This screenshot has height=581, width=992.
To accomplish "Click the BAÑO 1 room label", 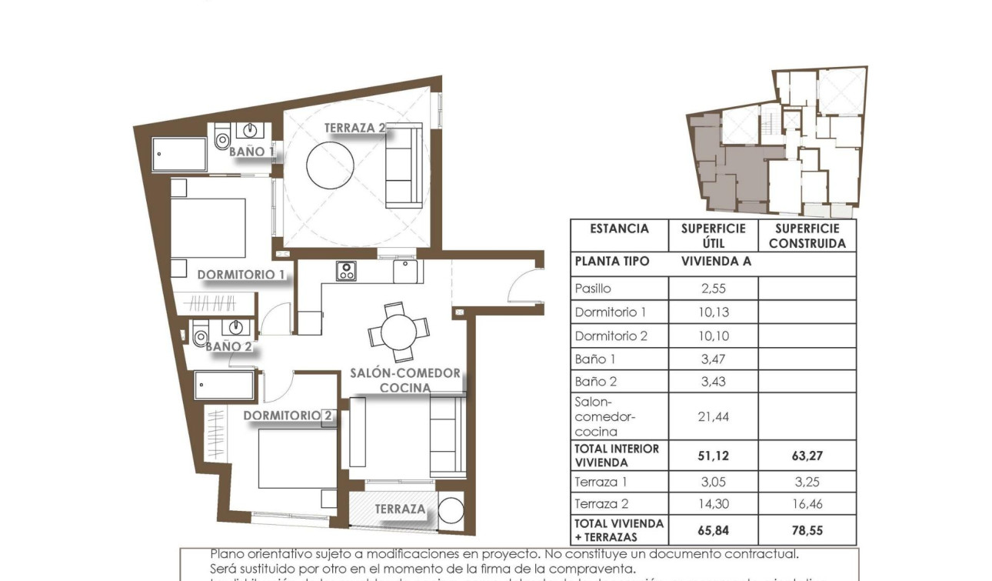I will point(251,152).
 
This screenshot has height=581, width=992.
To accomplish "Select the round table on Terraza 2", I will point(330,164).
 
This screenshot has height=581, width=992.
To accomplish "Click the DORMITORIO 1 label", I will point(241,274).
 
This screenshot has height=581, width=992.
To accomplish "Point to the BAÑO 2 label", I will point(228,346).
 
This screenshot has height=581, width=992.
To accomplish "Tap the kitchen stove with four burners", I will point(346,270).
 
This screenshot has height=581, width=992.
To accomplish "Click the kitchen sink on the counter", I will point(405,271).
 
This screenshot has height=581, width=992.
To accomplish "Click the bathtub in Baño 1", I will point(179,154).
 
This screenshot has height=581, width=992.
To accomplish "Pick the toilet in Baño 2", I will point(201,334).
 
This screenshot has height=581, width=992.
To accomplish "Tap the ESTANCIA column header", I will point(619,229).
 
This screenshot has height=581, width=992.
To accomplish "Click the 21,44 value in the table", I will point(713,416).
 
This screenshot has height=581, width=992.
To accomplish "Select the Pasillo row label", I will point(593,289).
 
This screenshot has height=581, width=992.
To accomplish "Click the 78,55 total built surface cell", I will point(807,530).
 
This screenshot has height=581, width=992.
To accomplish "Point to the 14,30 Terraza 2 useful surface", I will point(713,504).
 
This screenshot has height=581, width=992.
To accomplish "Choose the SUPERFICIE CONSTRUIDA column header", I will point(807,235).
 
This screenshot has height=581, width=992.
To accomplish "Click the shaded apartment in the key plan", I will point(727,169).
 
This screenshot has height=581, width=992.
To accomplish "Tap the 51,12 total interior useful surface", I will point(713,456).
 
